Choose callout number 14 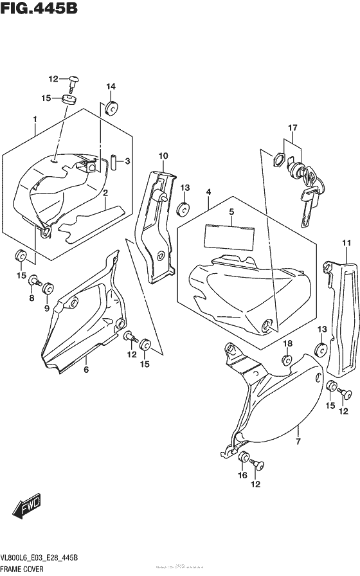click(x=111, y=87)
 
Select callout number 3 click(x=128, y=161)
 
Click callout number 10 click(x=163, y=156)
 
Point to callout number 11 click(x=346, y=242)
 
